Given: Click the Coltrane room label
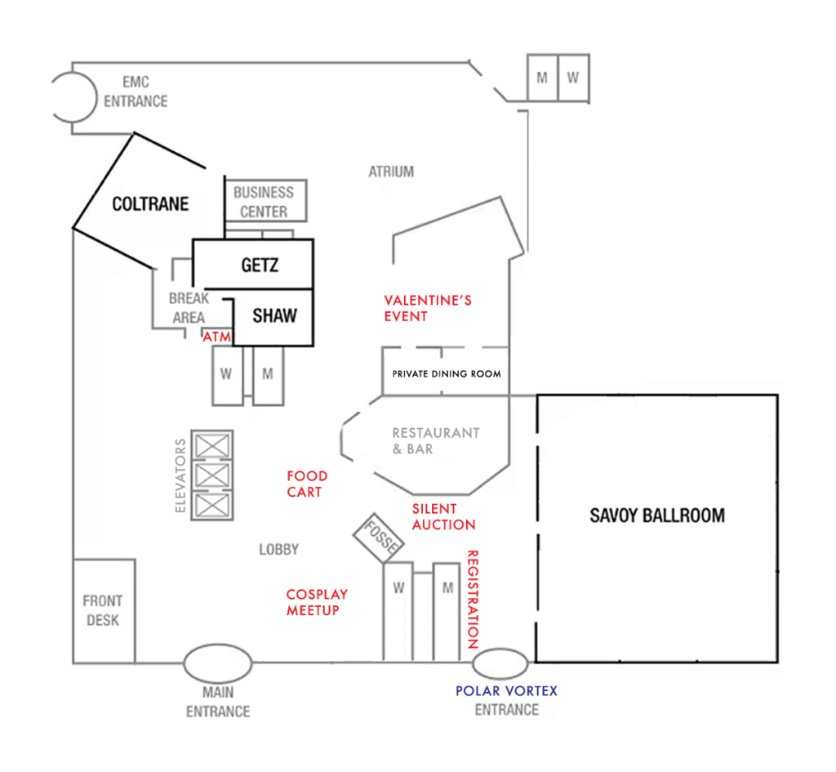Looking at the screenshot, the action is [150, 203].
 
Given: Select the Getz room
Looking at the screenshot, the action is [253, 264].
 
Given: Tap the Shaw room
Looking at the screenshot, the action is [273, 318].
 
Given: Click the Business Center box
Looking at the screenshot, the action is [266, 201].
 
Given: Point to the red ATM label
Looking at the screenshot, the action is [217, 337].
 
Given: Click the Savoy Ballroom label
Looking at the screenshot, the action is [657, 515].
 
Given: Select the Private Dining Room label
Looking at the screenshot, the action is [447, 374].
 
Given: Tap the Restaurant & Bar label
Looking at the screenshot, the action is [436, 440].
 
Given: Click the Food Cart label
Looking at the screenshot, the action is [307, 484].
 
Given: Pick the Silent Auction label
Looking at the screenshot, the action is [443, 517].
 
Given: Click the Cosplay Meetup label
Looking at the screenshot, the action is [317, 602].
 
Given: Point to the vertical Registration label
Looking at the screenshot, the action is [473, 600].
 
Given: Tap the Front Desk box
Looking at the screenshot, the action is [104, 611].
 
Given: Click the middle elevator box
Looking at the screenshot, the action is [212, 475].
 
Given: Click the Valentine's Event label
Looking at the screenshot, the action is [428, 308].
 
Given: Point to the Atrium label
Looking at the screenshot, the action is [391, 172].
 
